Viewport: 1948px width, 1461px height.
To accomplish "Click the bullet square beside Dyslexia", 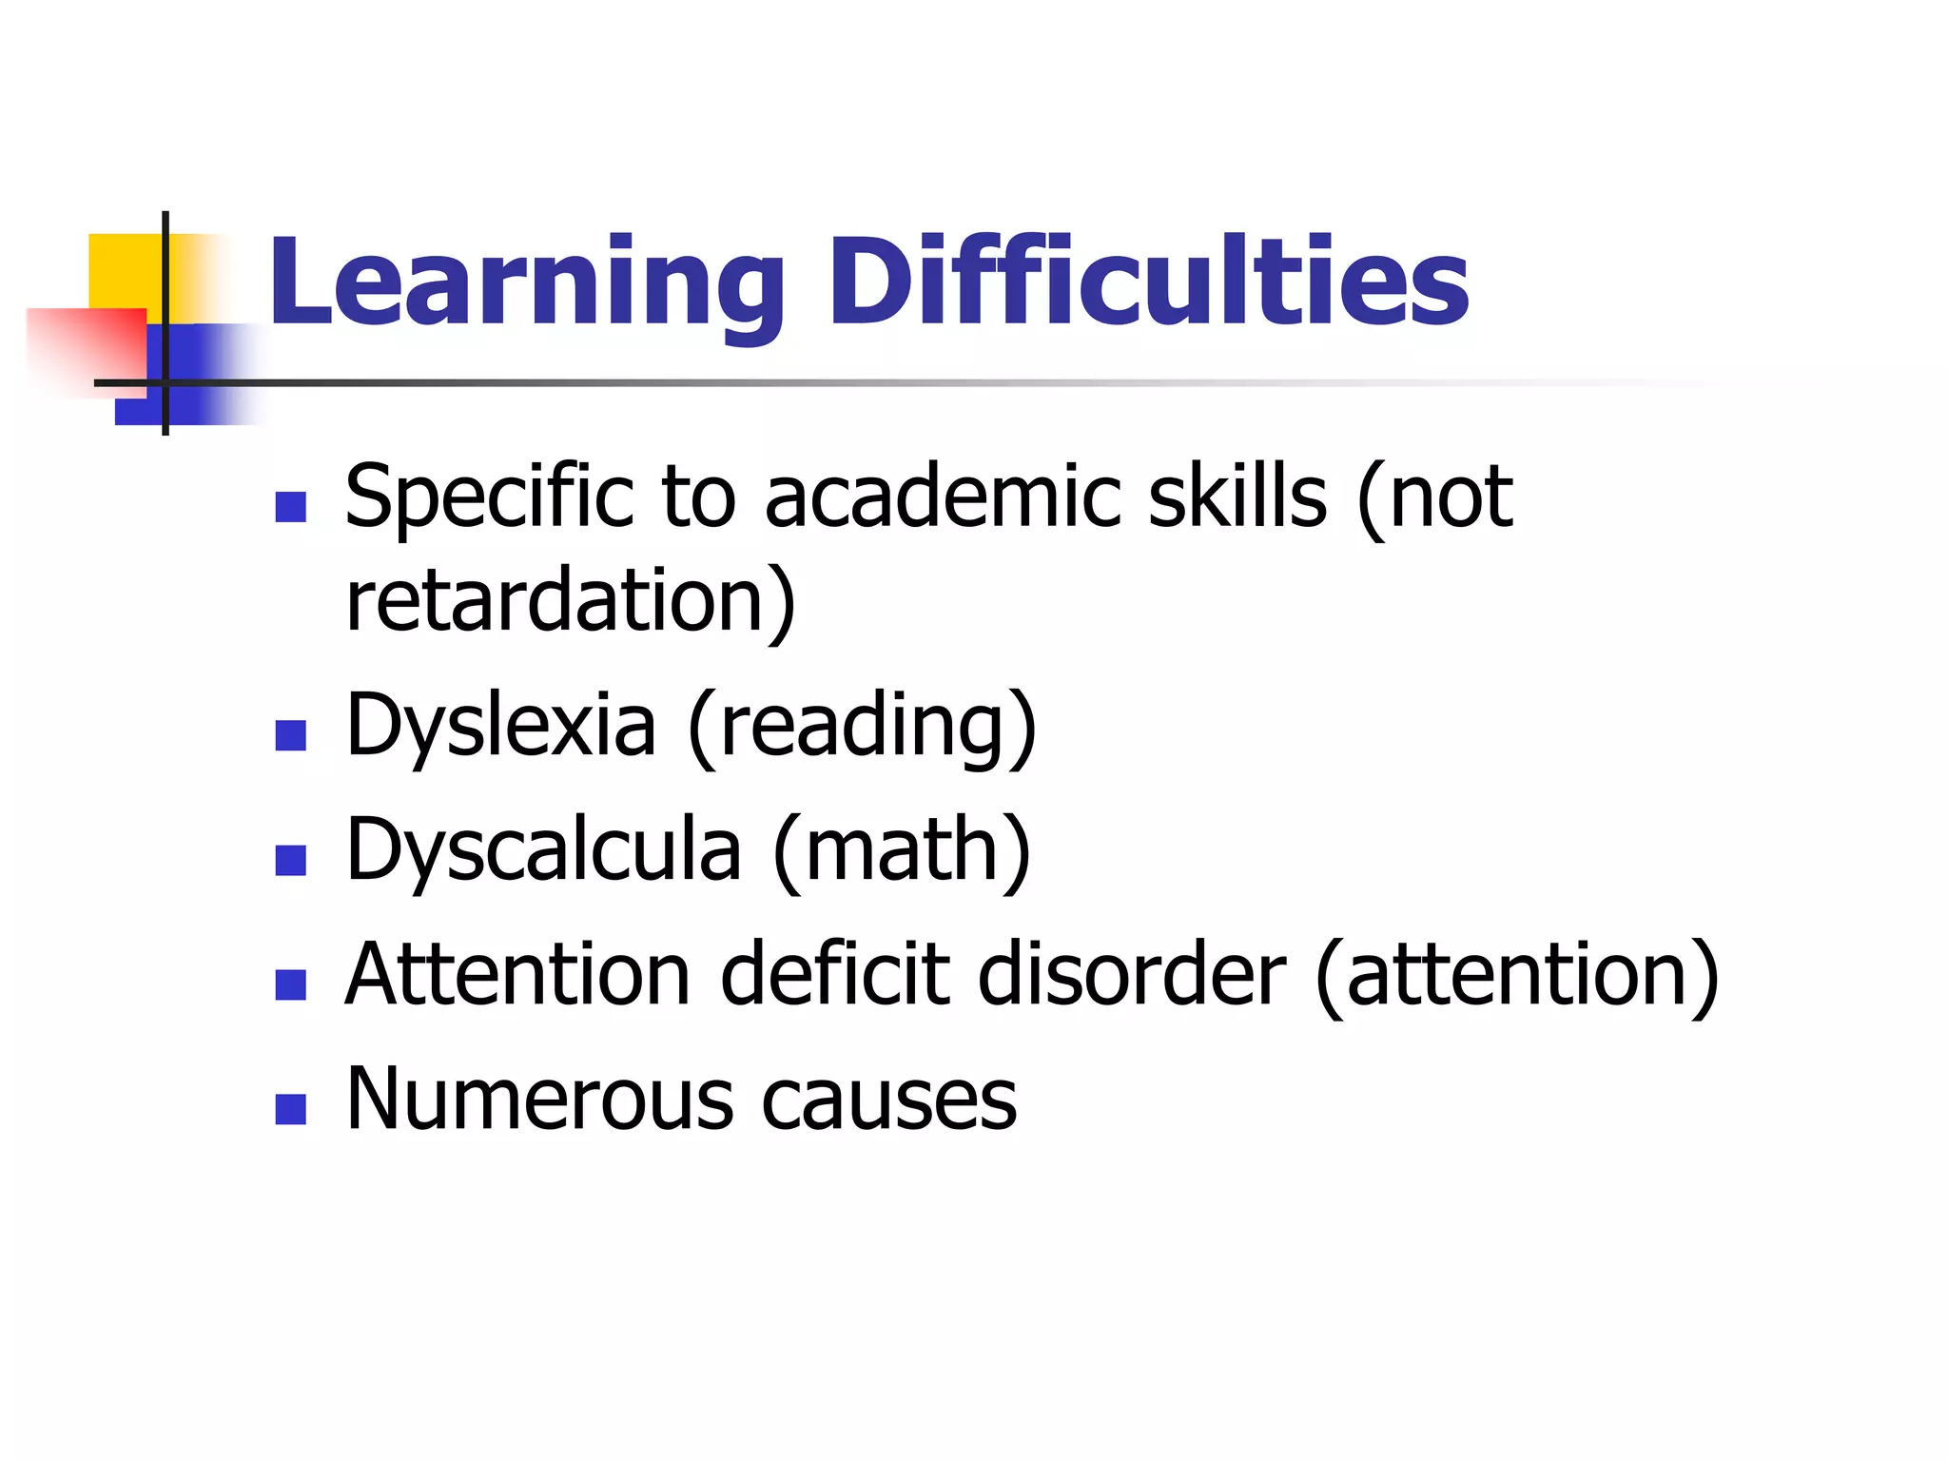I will [290, 735].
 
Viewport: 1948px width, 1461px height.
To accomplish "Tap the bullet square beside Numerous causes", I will [290, 1109].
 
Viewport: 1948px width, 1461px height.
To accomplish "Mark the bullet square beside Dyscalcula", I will [290, 860].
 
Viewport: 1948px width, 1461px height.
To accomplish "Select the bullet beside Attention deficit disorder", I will [290, 984].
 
